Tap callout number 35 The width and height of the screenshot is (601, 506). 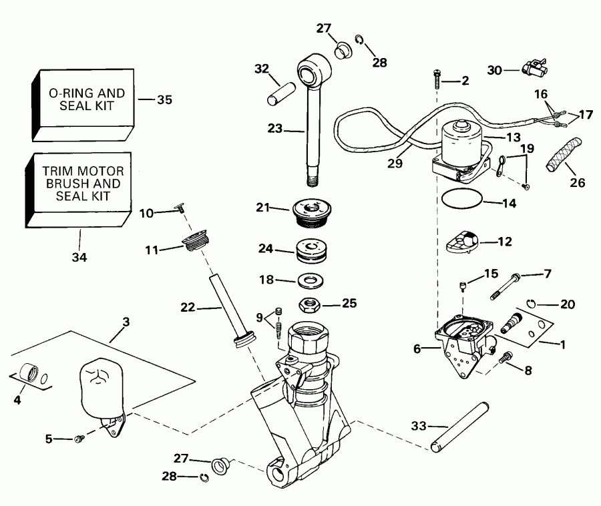(x=164, y=100)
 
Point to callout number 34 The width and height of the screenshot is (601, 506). (x=79, y=256)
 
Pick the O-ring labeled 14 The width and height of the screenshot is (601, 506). (x=461, y=198)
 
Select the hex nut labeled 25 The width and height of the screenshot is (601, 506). (x=309, y=304)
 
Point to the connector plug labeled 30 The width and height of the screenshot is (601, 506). (x=532, y=67)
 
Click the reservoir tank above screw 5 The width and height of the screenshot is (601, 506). (x=99, y=387)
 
